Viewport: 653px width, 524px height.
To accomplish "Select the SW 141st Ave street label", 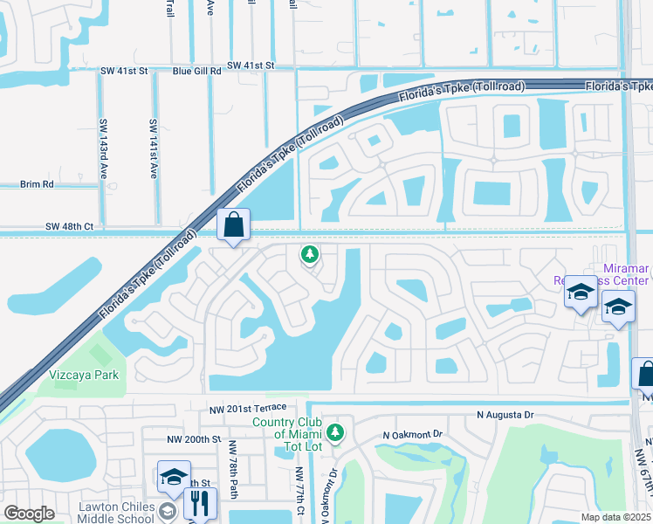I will pyautogui.click(x=153, y=148).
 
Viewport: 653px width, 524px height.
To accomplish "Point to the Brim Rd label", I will pyautogui.click(x=37, y=184).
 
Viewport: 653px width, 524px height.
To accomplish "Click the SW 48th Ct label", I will pyautogui.click(x=69, y=226).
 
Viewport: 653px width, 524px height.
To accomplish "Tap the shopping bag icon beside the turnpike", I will pyautogui.click(x=233, y=225).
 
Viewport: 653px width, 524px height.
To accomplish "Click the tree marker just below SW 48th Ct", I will pyautogui.click(x=308, y=254).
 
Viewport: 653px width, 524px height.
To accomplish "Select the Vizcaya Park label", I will pyautogui.click(x=84, y=375).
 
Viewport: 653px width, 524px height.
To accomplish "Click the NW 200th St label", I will pyautogui.click(x=191, y=440).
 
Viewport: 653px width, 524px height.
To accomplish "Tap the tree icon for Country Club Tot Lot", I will pyautogui.click(x=334, y=432).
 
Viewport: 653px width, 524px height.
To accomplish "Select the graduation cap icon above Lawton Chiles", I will pyautogui.click(x=174, y=478).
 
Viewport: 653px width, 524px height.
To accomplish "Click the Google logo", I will pyautogui.click(x=30, y=514).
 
